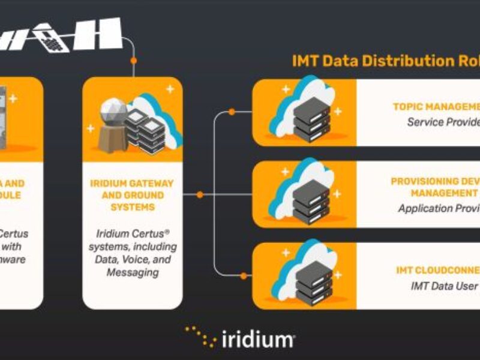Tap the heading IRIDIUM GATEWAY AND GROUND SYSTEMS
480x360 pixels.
click(131, 195)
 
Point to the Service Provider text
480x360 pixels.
click(443, 122)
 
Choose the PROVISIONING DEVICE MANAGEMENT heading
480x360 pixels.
click(436, 187)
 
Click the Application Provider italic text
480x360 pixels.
click(439, 208)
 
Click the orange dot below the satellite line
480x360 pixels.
click(134, 61)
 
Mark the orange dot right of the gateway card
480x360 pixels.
click(200, 194)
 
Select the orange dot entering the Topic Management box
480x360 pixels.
click(232, 112)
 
